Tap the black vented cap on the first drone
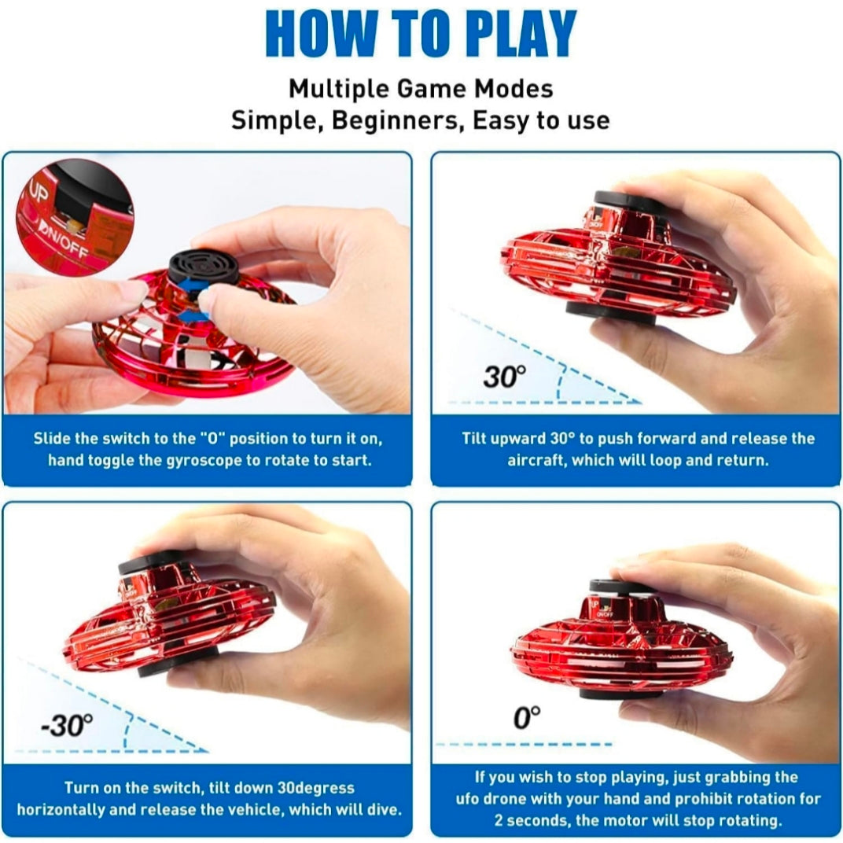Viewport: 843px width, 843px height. pyautogui.click(x=204, y=266)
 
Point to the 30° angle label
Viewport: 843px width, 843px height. pyautogui.click(x=504, y=377)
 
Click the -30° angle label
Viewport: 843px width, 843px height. pyautogui.click(x=67, y=726)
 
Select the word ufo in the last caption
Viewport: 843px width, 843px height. pyautogui.click(x=468, y=799)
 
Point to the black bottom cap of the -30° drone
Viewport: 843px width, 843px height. pyautogui.click(x=178, y=662)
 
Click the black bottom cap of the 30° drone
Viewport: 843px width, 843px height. pyautogui.click(x=610, y=313)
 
